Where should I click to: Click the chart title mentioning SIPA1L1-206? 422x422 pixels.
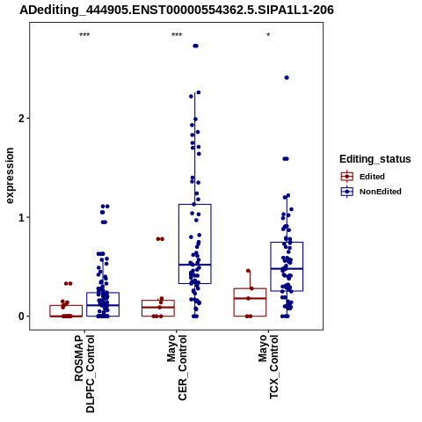[x=177, y=10]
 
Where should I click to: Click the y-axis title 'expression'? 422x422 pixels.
[x=10, y=176]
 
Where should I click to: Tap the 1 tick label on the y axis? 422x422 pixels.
[x=22, y=217]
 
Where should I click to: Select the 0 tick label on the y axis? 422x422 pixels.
[x=22, y=316]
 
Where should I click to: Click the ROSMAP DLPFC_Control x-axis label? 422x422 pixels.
[x=84, y=374]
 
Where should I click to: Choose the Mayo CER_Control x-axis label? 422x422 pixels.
[x=177, y=367]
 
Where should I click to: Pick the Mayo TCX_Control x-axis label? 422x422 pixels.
[x=268, y=367]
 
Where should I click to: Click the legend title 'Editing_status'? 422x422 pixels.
[x=375, y=159]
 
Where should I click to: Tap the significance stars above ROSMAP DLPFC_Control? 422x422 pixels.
[x=84, y=35]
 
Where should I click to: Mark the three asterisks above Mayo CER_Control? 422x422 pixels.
[x=177, y=35]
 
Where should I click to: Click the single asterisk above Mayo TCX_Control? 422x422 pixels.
[x=268, y=35]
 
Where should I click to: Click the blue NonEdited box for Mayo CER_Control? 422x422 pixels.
[x=195, y=244]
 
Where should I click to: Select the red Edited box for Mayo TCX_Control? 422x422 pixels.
[x=250, y=302]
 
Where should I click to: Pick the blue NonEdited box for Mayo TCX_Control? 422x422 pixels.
[x=287, y=266]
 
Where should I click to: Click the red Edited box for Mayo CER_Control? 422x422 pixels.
[x=158, y=309]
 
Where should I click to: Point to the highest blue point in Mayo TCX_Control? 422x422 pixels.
[x=287, y=77]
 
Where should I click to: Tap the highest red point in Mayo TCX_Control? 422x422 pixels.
[x=248, y=271]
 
